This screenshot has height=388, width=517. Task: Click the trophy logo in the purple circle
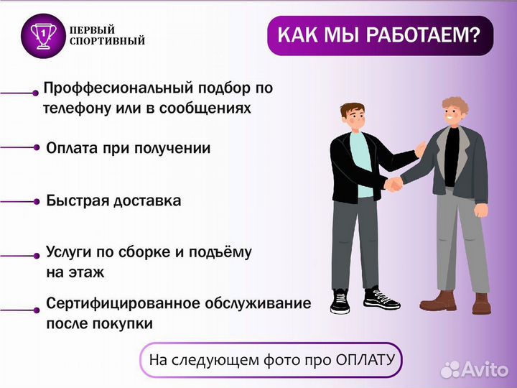(x=43, y=35)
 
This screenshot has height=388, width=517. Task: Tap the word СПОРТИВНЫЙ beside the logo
(x=108, y=42)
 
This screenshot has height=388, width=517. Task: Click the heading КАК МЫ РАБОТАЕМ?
(x=379, y=34)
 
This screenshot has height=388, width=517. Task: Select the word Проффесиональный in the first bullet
(x=110, y=88)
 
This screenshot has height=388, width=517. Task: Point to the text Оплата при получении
(x=128, y=148)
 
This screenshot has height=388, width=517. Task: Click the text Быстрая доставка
(x=113, y=200)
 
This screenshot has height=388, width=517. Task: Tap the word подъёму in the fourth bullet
(x=224, y=253)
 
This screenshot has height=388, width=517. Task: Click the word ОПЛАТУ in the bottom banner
(x=364, y=359)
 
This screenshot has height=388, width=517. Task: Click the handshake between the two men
(x=393, y=183)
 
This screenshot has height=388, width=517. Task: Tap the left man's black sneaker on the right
(x=381, y=298)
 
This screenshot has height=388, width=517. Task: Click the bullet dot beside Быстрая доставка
(x=36, y=202)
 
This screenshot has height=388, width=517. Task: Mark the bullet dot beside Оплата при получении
(x=36, y=147)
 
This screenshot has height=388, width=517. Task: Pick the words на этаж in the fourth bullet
(x=75, y=272)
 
